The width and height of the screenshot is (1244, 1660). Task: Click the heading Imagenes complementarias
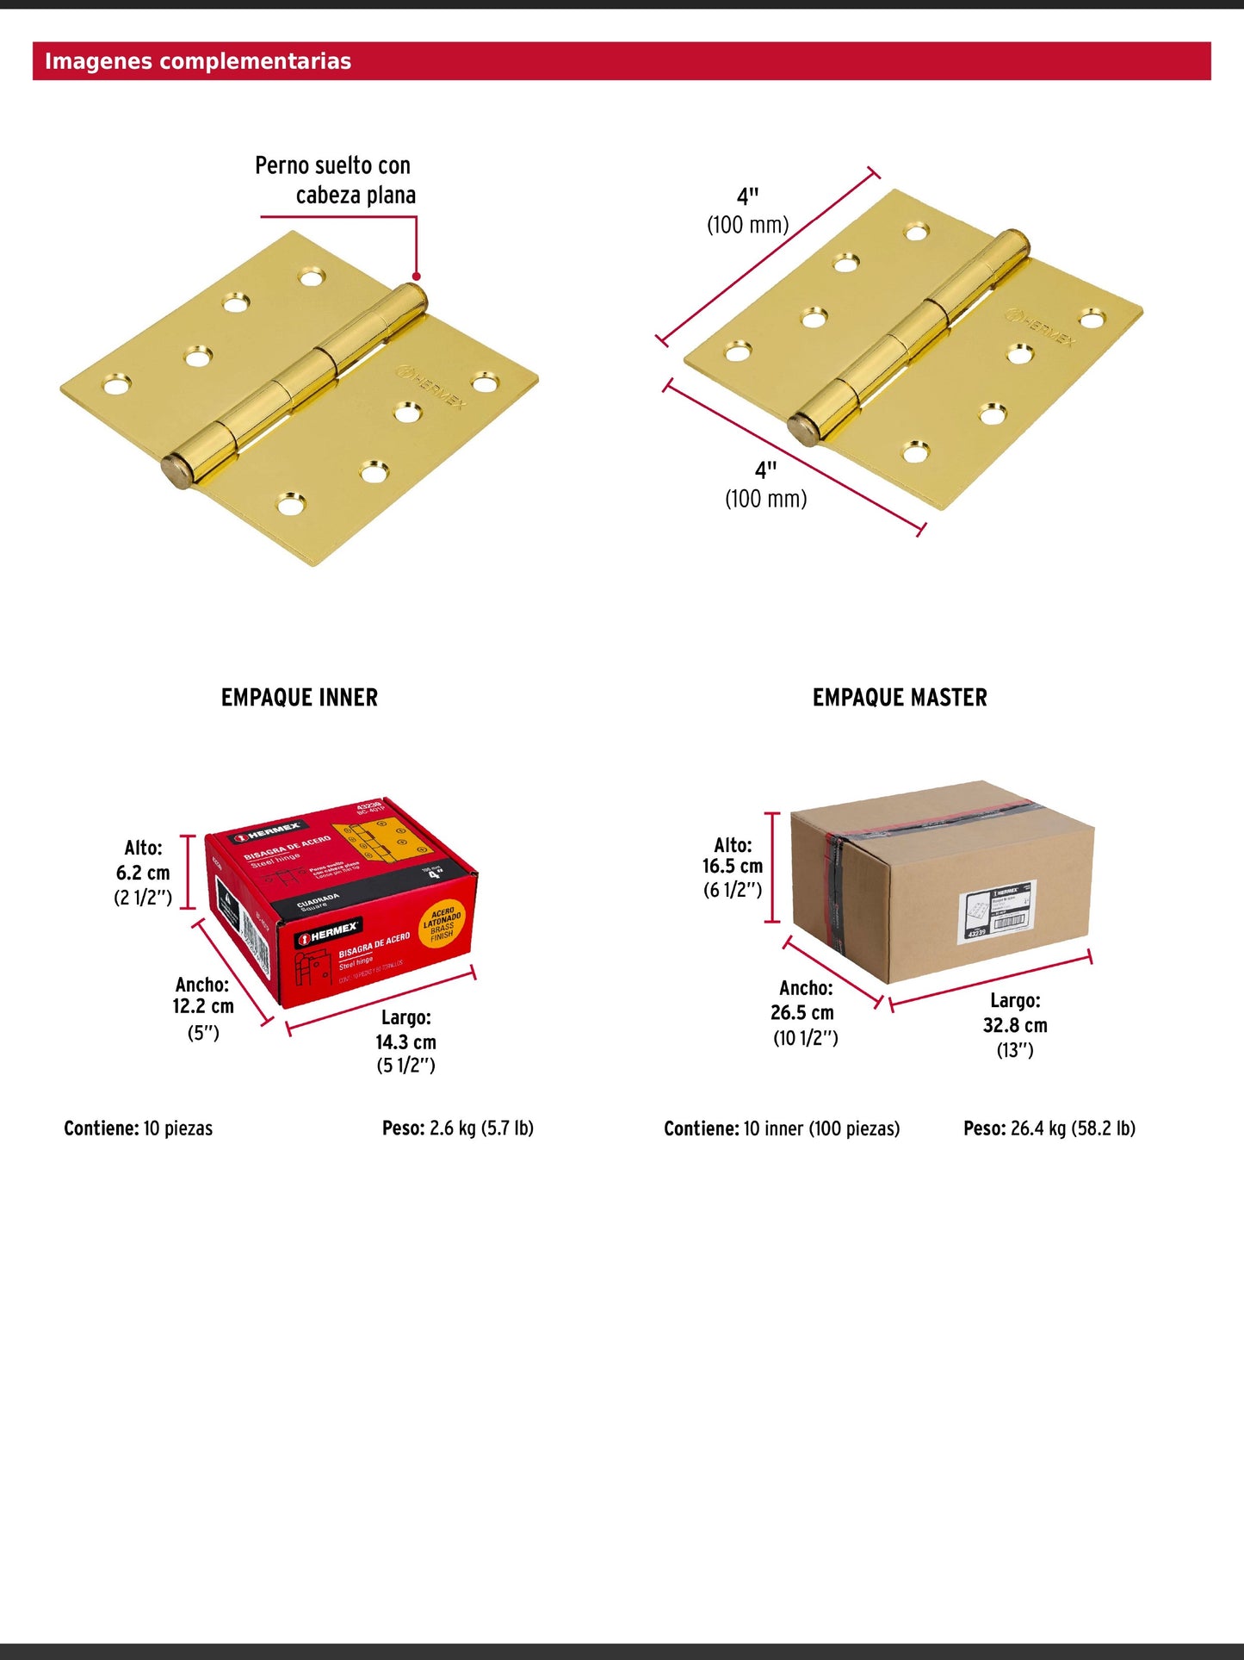(198, 61)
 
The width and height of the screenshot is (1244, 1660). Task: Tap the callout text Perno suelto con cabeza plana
(335, 180)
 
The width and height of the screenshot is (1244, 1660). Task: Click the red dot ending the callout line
(416, 277)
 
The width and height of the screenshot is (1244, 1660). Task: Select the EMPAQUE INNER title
(300, 697)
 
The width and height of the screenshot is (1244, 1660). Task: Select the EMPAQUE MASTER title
(900, 697)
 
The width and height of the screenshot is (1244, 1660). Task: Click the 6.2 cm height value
(143, 873)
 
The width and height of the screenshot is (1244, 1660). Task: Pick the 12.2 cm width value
(203, 1006)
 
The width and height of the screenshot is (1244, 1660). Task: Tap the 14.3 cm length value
(405, 1041)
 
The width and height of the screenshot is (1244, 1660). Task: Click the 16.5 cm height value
(733, 866)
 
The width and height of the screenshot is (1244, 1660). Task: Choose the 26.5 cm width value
(802, 1012)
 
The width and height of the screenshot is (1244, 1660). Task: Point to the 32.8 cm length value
(1015, 1025)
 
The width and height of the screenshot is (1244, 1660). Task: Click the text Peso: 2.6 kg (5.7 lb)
(458, 1128)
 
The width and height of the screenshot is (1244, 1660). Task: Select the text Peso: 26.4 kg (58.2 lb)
(1049, 1128)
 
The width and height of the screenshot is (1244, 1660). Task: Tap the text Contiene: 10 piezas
(138, 1128)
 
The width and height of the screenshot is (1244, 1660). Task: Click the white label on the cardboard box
(998, 911)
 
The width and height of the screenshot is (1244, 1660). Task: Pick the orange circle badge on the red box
(443, 924)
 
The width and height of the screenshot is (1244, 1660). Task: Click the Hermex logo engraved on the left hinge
(431, 387)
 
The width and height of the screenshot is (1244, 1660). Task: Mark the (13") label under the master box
(1015, 1050)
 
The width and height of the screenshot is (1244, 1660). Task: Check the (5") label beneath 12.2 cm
(203, 1032)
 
